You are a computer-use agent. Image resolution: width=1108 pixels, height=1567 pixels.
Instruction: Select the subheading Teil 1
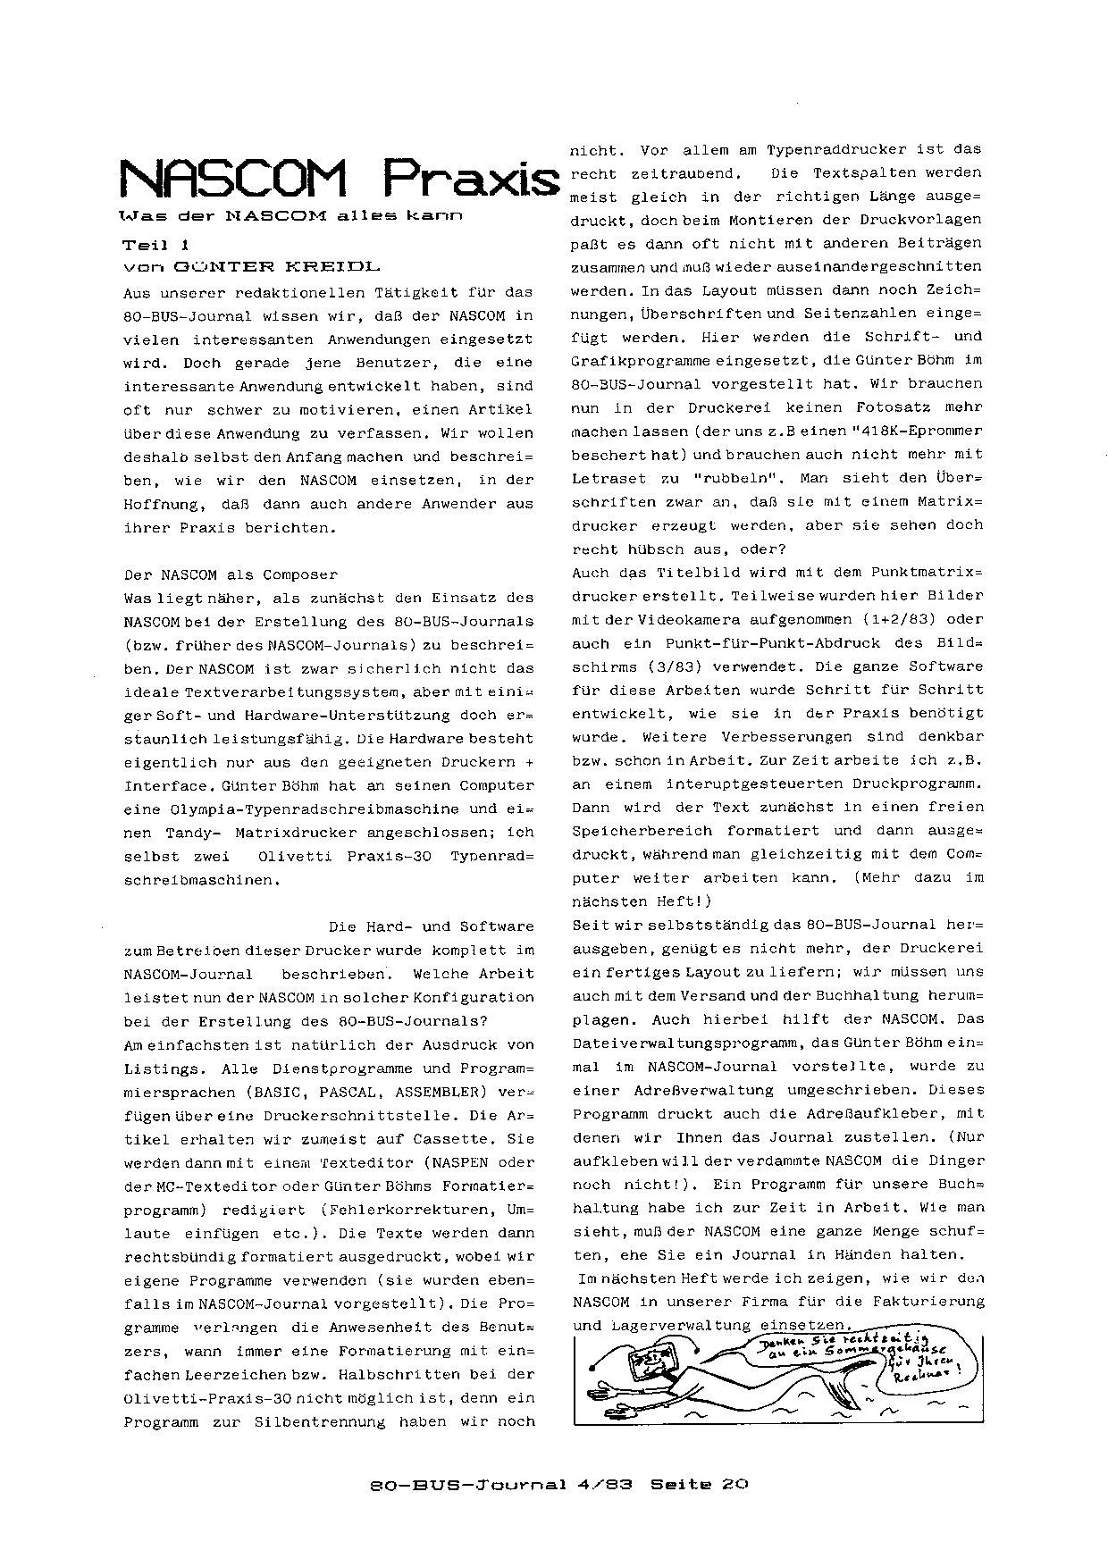[x=156, y=245]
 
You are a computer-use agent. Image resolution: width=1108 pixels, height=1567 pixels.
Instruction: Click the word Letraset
[x=608, y=478]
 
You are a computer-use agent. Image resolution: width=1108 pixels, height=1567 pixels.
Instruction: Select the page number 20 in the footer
[x=734, y=1485]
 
